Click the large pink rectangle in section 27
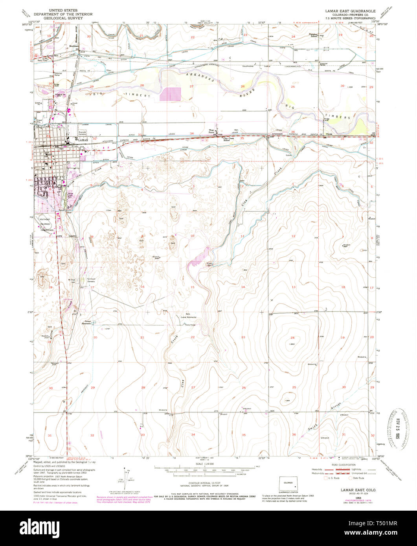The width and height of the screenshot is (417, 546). click(171, 94)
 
